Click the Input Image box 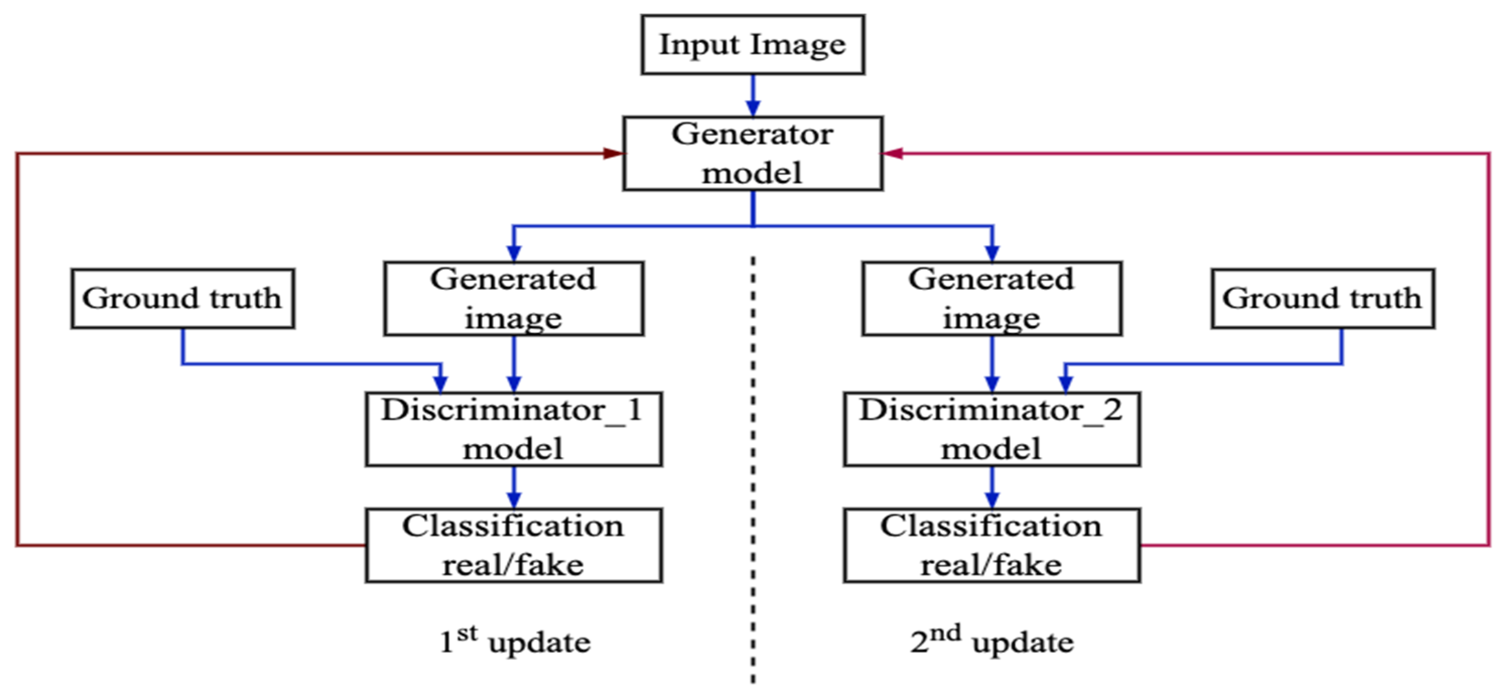coord(752,45)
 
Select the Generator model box coord(752,153)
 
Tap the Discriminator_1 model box coord(514,429)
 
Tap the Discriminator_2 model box coord(992,429)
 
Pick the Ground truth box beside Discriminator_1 coord(182,298)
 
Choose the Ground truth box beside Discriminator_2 coord(1323,298)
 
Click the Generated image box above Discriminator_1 coord(514,298)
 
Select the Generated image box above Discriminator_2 coord(992,298)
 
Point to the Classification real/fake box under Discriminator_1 coord(514,545)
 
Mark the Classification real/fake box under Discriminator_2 coord(992,545)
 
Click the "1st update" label coord(515,641)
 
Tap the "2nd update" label coord(992,641)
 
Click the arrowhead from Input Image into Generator coord(753,108)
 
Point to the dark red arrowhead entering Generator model coord(613,153)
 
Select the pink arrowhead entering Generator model coord(893,153)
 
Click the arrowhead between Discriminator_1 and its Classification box coord(514,499)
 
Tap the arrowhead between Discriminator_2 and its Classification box coord(992,499)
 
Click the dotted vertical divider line coord(753,470)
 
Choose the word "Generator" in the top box coord(752,135)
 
